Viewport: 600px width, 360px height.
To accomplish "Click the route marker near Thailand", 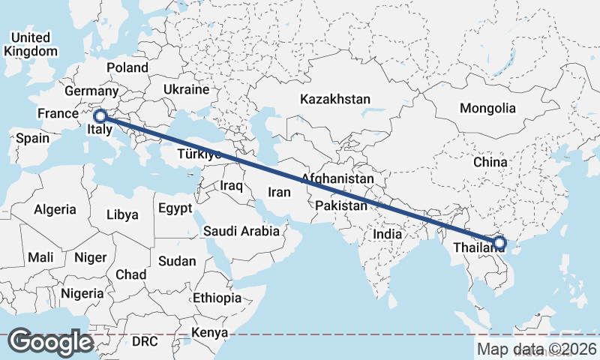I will point(499,242).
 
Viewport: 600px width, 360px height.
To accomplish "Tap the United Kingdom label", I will point(31,44).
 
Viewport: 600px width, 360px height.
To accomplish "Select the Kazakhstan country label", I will point(335,99).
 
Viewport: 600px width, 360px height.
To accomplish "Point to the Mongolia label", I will point(487,108).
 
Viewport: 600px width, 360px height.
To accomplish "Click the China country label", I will point(490,162).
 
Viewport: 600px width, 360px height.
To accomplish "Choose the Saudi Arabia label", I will point(241,232).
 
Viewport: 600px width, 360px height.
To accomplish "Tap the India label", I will point(388,234).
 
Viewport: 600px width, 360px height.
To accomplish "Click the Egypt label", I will point(175,208).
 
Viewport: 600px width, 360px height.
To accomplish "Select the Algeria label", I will point(55,210).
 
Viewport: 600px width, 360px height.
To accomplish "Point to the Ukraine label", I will point(187,89).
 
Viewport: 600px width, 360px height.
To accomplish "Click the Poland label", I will point(127,67).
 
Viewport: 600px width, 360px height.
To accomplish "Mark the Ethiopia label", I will point(217,298).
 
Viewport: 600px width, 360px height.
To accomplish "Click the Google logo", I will point(51,342).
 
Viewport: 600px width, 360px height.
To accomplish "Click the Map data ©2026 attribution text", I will point(536,349).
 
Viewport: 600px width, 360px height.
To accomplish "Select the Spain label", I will point(32,138).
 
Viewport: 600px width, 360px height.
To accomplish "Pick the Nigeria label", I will point(82,292).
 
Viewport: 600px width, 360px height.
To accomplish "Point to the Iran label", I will point(278,192).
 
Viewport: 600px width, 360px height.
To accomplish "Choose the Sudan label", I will point(177,262).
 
